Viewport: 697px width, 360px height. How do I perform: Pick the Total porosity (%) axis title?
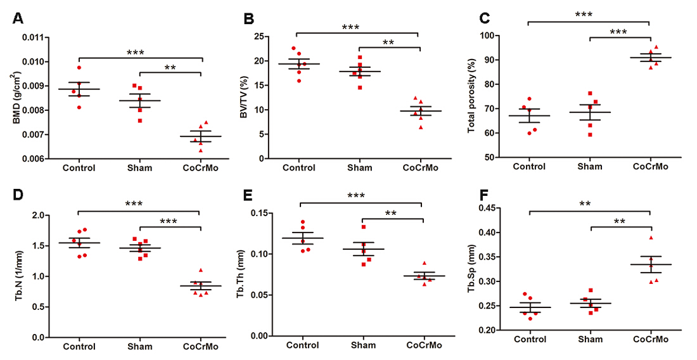[472, 96]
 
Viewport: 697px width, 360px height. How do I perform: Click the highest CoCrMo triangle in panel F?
[650, 238]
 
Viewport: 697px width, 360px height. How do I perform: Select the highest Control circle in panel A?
[79, 67]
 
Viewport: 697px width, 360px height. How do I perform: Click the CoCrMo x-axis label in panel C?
[650, 167]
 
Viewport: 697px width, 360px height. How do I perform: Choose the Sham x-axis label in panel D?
[139, 347]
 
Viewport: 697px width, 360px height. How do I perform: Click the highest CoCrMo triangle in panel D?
[200, 271]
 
